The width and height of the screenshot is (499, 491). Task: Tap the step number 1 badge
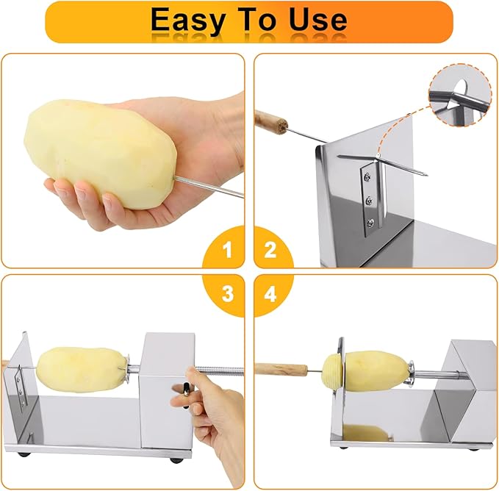tap(227, 251)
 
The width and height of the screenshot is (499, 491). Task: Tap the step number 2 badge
tap(270, 251)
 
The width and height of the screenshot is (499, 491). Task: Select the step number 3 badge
tap(227, 294)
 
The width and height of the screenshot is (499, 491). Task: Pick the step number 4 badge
tap(270, 294)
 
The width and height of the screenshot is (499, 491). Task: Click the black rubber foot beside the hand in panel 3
tap(176, 459)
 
